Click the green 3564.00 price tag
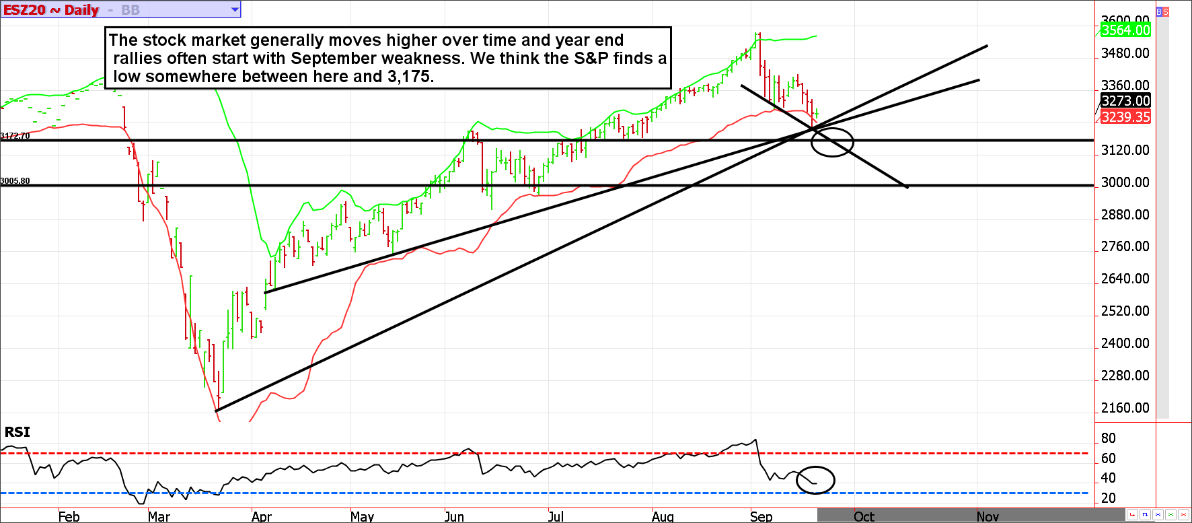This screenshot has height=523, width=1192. click(x=1125, y=30)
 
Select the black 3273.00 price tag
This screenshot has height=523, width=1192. click(x=1125, y=101)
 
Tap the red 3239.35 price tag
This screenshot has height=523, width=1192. click(x=1125, y=117)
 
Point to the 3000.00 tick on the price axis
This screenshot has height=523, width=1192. click(x=1125, y=182)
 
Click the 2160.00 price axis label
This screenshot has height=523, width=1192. click(x=1125, y=408)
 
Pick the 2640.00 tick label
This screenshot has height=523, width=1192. click(x=1125, y=279)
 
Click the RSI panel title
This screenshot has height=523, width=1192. click(x=17, y=432)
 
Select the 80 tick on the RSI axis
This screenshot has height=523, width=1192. click(x=1108, y=438)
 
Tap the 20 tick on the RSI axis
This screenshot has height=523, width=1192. click(x=1108, y=498)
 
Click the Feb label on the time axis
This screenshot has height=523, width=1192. click(x=69, y=516)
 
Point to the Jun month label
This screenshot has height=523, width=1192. click(x=454, y=516)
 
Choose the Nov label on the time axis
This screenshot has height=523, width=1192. click(x=988, y=516)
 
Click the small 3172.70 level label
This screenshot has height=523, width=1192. click(x=15, y=136)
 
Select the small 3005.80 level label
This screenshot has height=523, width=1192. click(x=15, y=181)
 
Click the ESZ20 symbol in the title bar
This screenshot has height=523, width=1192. click(x=24, y=10)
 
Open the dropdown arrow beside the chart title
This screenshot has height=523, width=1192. click(x=235, y=10)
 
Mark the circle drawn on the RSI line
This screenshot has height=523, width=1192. click(x=815, y=480)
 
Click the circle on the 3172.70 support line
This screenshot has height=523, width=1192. click(x=832, y=142)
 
